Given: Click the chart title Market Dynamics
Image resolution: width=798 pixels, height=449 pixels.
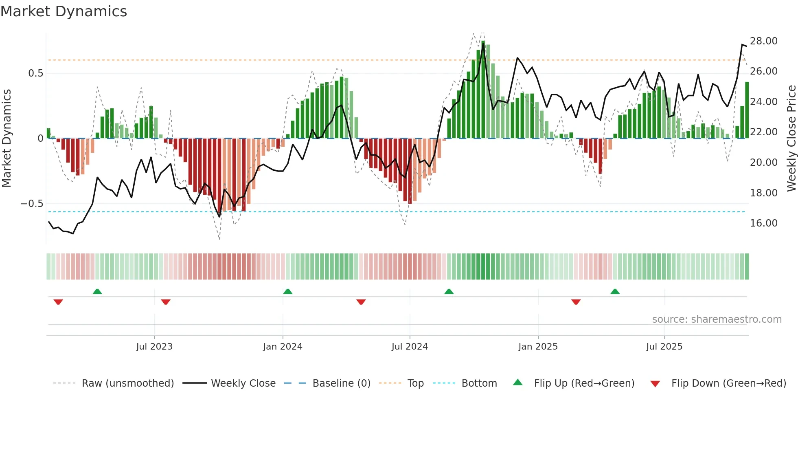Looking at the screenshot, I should pos(64,11).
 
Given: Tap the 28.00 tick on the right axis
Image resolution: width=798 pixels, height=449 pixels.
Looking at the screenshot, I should pos(763,41).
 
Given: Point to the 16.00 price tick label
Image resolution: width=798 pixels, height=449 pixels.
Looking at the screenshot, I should pos(763,223).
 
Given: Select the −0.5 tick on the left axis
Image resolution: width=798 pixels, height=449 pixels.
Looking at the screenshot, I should pos(32,204).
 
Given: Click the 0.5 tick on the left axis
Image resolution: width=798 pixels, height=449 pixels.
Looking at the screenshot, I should pos(35,73).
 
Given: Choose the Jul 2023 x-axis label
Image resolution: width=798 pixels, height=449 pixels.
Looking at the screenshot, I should pos(154,347).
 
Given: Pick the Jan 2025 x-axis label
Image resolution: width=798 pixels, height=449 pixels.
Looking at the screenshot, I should pos(538,347).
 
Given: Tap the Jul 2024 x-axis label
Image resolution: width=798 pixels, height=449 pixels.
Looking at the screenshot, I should pos(410,347).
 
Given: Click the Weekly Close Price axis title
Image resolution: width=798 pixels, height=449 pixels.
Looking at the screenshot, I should pos(791,139).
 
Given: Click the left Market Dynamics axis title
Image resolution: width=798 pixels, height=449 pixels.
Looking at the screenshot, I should pos(7,139).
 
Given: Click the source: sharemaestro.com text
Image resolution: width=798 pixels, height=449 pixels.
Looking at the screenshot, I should pos(717,319).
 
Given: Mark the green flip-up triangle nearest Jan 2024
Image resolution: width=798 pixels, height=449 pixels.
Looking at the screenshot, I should pos(288,291).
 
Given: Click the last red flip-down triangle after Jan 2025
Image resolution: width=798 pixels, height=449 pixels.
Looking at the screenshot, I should pos(576,302).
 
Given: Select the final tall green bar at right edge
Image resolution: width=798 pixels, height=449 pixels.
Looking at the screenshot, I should pos(747,110).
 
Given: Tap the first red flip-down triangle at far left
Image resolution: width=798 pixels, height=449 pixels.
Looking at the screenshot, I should pos(58,302).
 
